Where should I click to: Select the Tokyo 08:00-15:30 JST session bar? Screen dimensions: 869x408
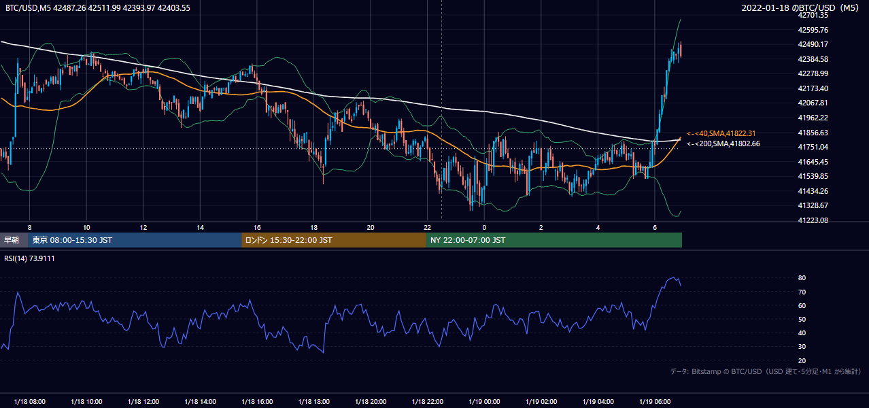click(x=135, y=240)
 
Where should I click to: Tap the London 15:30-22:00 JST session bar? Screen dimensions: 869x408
click(x=334, y=240)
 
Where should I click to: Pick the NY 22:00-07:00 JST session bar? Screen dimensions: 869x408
click(x=554, y=240)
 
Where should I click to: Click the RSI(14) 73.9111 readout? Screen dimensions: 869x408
click(x=29, y=258)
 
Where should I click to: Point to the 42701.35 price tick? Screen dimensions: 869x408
click(x=813, y=15)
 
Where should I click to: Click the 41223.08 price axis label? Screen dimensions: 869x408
click(x=813, y=220)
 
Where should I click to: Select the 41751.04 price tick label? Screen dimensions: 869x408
click(x=813, y=147)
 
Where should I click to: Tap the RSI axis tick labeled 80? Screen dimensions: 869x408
click(x=802, y=277)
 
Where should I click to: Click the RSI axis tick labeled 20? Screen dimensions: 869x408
click(x=802, y=360)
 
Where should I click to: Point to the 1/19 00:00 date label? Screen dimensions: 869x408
click(x=484, y=401)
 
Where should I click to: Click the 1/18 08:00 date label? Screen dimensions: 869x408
click(x=29, y=401)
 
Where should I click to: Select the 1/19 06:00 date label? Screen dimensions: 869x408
click(x=655, y=401)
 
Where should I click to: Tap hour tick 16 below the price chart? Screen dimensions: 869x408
click(x=257, y=228)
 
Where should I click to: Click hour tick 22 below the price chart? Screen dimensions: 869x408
click(x=427, y=228)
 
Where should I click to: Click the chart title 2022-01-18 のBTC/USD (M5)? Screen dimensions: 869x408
click(x=800, y=7)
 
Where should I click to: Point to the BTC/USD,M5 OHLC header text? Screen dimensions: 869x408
click(x=98, y=7)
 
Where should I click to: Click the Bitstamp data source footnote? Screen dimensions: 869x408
click(x=766, y=371)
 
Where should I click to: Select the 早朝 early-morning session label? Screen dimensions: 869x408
click(x=12, y=240)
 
